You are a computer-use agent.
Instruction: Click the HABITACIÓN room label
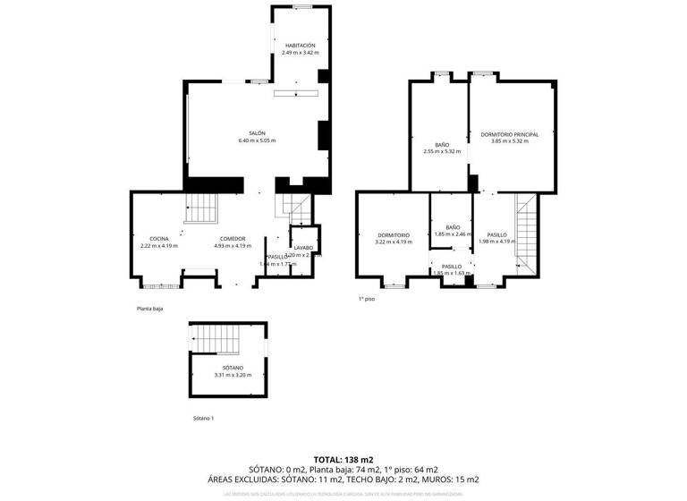pos(300,45)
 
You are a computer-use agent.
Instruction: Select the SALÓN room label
pos(257,133)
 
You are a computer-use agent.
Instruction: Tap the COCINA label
pos(159,238)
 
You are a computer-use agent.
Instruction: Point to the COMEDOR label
pos(233,238)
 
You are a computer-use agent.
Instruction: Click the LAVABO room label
pos(302,248)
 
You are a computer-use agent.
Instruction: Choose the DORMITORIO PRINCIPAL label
pos(509,134)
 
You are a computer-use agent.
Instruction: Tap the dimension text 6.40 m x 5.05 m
pos(257,141)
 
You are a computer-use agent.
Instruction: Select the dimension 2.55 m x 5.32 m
pos(442,152)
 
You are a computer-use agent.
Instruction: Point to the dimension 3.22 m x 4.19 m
pos(393,242)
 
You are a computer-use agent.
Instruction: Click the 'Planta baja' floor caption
pos(149,309)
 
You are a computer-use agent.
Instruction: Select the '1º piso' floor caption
pos(367,299)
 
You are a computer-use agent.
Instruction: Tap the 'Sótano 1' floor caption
pos(204,418)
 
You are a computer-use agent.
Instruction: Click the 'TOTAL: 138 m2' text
pos(343,458)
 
